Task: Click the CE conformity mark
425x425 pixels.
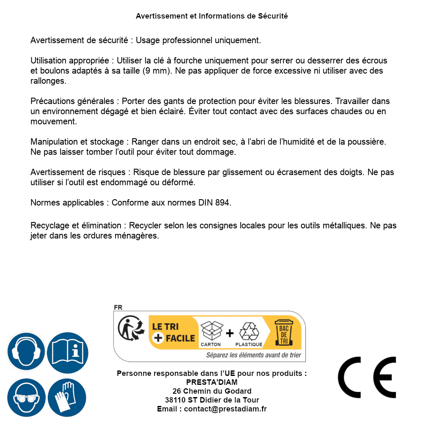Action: [367, 377]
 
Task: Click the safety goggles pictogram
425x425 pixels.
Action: [26, 398]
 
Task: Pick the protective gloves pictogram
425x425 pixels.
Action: [67, 398]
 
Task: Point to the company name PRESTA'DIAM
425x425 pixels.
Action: [212, 382]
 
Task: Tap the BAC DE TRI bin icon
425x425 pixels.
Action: [285, 332]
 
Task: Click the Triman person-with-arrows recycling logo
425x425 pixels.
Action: [129, 329]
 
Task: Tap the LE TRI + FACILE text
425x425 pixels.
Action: [174, 332]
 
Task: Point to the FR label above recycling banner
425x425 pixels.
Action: [118, 307]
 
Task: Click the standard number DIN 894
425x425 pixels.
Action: [214, 203]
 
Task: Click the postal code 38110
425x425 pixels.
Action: [174, 400]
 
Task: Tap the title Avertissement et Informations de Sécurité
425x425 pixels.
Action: [211, 16]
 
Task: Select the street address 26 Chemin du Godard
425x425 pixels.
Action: [212, 391]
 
